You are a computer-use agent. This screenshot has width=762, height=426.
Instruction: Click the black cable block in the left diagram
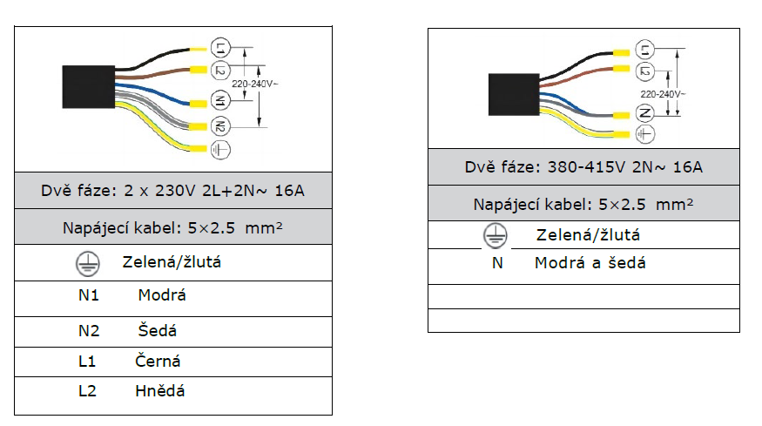pos(90,88)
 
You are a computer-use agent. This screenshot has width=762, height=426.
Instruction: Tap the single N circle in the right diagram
pos(644,113)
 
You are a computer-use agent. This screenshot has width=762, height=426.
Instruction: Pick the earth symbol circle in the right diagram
pos(644,134)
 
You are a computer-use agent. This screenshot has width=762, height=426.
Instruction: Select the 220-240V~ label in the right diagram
pos(663,93)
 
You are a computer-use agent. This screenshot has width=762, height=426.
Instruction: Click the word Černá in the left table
pos(158,361)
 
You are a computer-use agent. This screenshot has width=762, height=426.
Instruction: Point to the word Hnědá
pos(159,390)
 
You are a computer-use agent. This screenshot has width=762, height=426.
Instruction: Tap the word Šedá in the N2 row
pos(157,331)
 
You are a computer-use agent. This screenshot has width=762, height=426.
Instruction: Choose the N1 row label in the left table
pos(89,295)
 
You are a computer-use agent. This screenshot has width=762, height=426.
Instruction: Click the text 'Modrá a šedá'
pos(590,262)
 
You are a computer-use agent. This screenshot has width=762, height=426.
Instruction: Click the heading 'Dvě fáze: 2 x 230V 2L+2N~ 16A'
pos(172,190)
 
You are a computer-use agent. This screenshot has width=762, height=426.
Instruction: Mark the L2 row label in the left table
pos(87,390)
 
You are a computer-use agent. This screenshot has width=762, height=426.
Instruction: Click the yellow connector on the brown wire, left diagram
pos(197,70)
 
